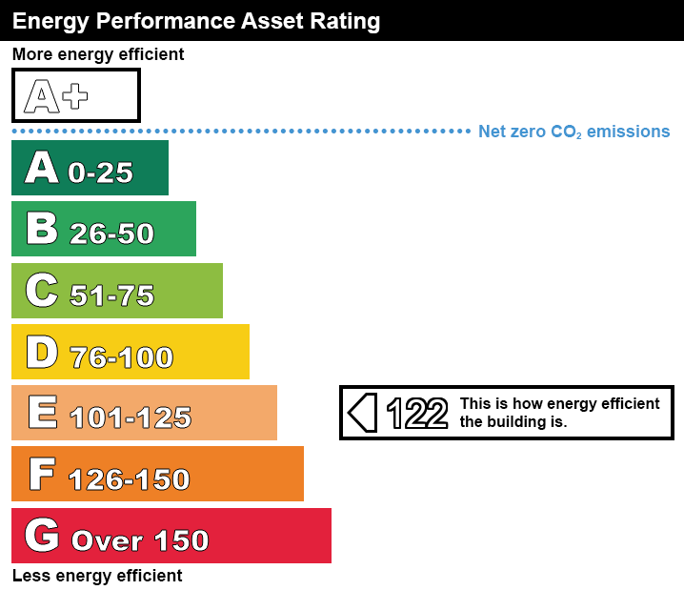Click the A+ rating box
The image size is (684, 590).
75,95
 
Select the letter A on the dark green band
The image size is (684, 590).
42,168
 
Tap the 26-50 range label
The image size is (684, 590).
111,234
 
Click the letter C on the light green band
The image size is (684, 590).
42,291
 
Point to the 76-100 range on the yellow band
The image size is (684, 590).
121,357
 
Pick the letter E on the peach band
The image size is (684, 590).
42,413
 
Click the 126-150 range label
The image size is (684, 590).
130,479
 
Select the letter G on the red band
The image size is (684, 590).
42,536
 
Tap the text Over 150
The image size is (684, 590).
140,540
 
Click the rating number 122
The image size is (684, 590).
416,413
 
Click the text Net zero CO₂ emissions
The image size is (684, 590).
573,132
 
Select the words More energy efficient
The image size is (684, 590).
98,54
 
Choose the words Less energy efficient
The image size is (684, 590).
97,576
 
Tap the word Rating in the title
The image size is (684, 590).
348,20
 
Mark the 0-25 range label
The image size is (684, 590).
100,173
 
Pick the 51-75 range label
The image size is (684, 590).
111,295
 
